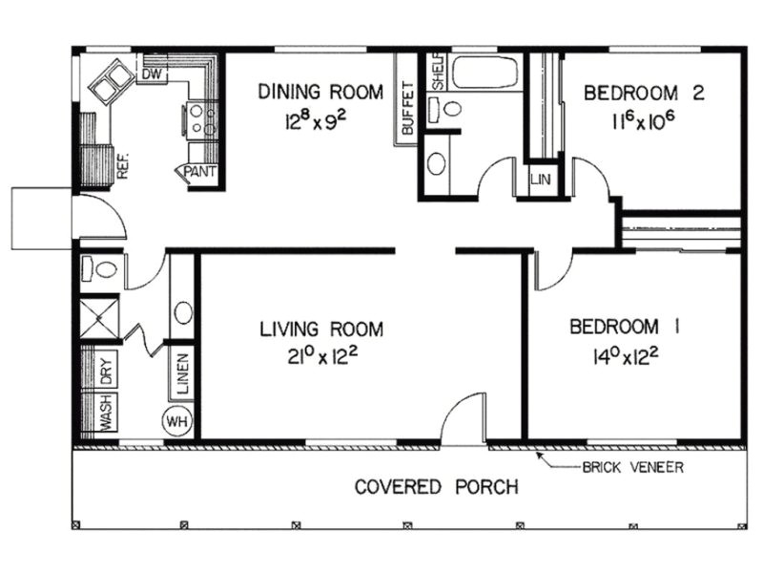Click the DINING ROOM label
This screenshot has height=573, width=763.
click(320, 93)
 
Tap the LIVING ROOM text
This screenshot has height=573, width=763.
click(321, 329)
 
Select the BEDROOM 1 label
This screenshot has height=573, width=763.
click(624, 326)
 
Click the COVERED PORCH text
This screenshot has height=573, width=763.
click(437, 487)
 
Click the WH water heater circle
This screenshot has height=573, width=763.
click(177, 420)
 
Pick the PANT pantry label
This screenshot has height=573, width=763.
click(200, 173)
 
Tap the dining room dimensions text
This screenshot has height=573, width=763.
click(320, 121)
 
